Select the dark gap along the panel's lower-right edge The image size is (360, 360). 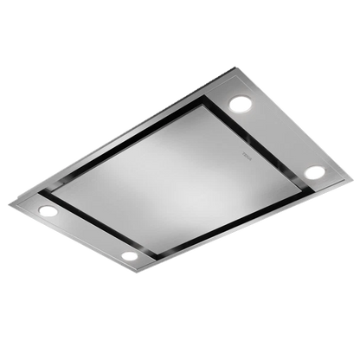(225, 216)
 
